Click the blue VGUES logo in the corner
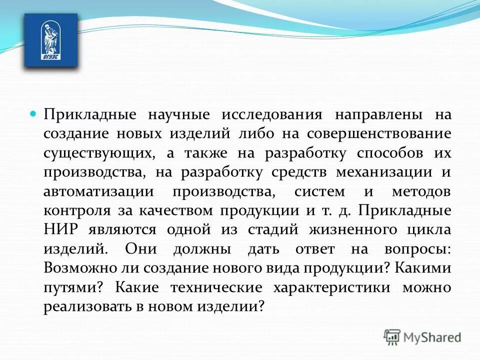pos(51,40)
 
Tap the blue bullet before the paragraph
pos(33,114)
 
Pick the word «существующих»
pos(94,153)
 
